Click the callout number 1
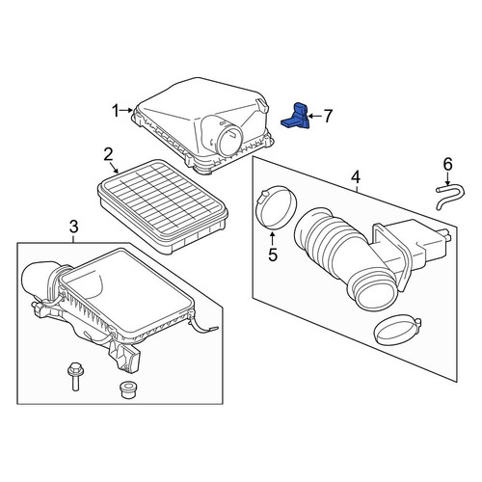point(116,111)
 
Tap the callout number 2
point(108,154)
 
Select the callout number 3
point(74,227)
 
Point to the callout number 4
point(356,177)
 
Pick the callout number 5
point(273,254)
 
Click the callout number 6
point(447,164)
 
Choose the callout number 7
point(328,116)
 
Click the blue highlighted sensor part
point(296,117)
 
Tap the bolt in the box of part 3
point(74,376)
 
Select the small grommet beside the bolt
point(127,389)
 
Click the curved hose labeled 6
point(450,196)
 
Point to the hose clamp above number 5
point(276,207)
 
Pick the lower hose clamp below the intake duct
point(397,331)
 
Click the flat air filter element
point(163,206)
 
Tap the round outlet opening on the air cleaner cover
point(229,141)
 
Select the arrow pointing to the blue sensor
point(315,116)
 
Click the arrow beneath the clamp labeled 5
point(273,238)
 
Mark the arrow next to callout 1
point(126,111)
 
